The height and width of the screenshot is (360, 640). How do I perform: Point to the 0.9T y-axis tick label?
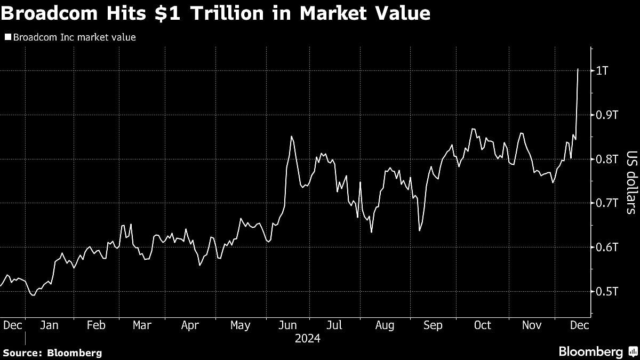point(607,115)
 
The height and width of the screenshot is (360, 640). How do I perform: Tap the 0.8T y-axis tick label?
point(607,159)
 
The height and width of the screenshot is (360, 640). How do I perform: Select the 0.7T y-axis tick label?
point(607,203)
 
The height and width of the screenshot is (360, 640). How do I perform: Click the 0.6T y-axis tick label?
point(607,247)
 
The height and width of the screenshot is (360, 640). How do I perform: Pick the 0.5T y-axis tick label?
point(607,292)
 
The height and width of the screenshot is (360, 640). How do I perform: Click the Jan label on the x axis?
point(49,325)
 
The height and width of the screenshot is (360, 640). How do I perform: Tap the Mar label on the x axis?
point(142,325)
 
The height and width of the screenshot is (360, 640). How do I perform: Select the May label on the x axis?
point(240,325)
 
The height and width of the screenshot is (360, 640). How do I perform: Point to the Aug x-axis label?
point(385,325)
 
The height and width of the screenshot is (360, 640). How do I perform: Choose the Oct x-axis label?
point(482,325)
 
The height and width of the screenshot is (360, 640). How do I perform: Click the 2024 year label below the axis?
point(307,339)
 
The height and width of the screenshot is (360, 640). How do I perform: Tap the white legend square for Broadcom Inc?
point(7,37)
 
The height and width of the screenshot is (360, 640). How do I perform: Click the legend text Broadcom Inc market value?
point(74,37)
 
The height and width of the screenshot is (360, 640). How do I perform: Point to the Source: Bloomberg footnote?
point(52,353)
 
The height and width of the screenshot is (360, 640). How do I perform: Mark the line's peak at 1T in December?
point(578,69)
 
